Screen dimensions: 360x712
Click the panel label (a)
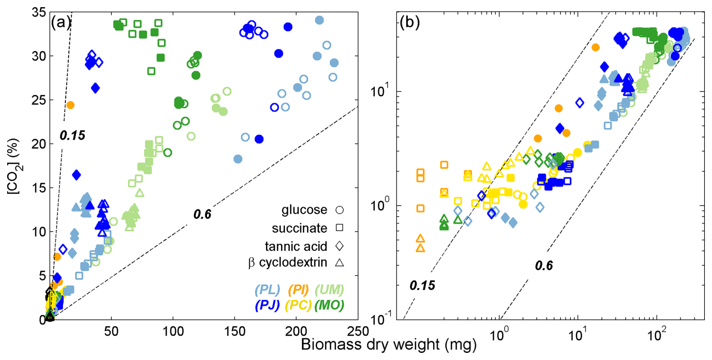coord(60,23)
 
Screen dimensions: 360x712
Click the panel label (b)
coord(409,23)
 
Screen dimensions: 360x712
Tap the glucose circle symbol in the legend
coord(339,210)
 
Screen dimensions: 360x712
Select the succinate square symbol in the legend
coord(339,228)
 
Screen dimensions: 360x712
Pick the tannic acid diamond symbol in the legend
coord(339,246)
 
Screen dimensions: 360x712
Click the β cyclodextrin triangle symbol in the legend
coord(339,262)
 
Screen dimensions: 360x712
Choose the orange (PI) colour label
coord(298,290)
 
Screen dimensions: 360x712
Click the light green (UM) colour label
coord(329,290)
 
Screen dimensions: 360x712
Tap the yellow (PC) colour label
coord(298,305)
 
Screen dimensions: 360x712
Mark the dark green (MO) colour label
coord(329,305)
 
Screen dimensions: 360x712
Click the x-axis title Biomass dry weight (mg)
coord(389,345)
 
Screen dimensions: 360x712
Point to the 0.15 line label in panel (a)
coord(72,136)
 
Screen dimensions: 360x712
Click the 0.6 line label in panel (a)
coord(202,215)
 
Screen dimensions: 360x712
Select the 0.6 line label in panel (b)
coord(544,266)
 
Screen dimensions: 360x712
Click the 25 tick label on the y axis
coord(38,100)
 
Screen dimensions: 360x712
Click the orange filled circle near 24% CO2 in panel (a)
coord(70,105)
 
